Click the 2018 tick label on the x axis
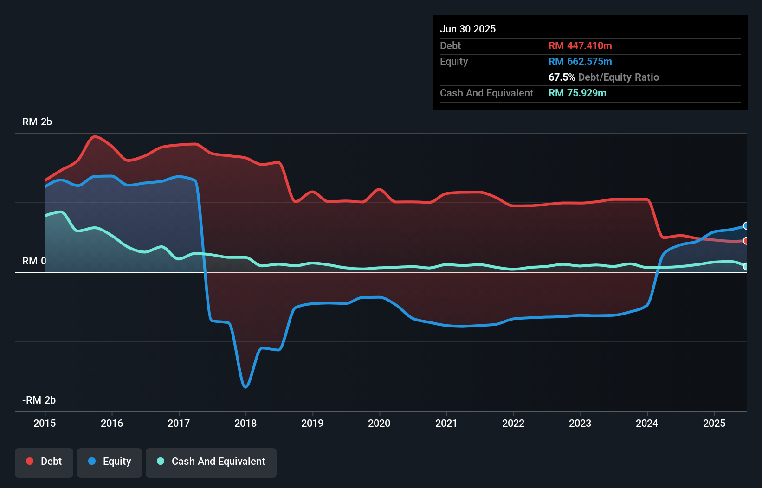point(245,423)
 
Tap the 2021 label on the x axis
point(446,423)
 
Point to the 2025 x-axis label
point(714,423)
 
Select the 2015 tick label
point(45,423)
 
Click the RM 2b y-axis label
point(37,122)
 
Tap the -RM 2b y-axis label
point(39,400)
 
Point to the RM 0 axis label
point(34,261)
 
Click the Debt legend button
point(44,462)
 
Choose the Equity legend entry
point(110,462)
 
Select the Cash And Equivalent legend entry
point(211,462)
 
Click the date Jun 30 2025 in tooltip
point(468,29)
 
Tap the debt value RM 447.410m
point(580,45)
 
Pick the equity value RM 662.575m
point(580,61)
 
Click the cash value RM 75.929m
point(577,93)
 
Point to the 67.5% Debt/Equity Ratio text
point(603,77)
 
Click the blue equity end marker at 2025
point(746,226)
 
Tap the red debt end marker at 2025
point(746,241)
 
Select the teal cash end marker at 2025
point(746,266)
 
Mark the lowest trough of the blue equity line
point(245,387)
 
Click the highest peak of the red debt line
point(95,136)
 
